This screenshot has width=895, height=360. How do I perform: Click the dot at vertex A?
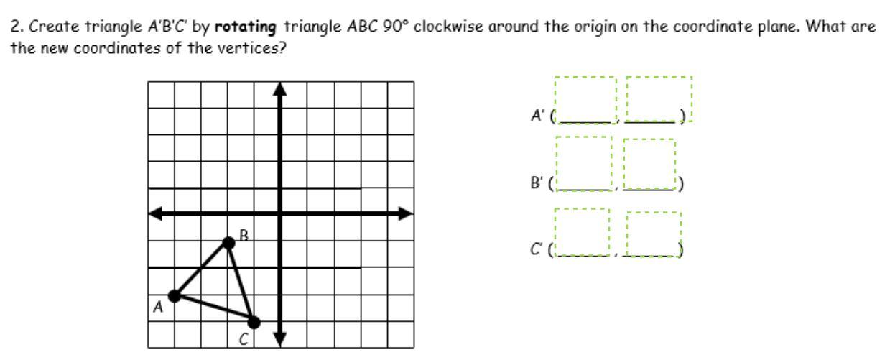pos(174,295)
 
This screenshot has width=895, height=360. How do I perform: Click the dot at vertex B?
pos(228,243)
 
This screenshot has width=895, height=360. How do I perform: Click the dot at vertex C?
pos(254,322)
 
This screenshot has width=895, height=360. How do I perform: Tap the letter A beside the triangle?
pos(158,308)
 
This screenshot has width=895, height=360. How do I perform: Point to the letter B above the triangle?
pos(244,234)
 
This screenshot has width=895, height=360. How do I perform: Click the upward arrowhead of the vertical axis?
pos(280,88)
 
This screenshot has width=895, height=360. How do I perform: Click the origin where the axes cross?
pos(280,213)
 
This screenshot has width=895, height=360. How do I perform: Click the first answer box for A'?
pos(585,99)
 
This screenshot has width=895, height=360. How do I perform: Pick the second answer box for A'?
pos(659,99)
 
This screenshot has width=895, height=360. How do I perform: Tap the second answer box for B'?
pos(649,165)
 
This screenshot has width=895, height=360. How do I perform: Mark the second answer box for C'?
pos(654,234)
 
